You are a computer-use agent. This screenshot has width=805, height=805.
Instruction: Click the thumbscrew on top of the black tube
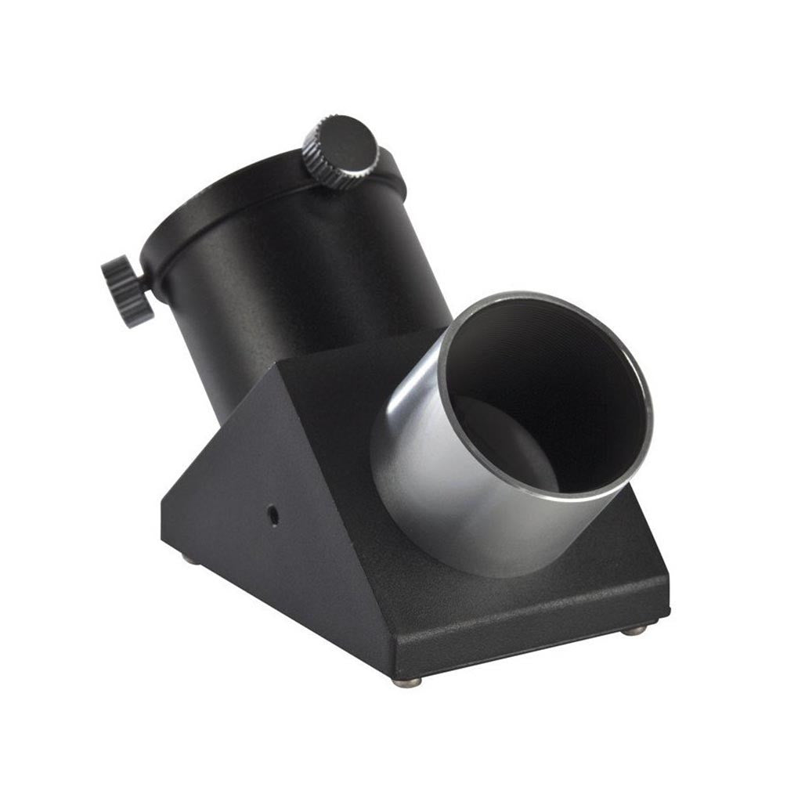tap(341, 153)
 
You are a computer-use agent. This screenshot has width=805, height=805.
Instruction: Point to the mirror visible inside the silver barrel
tap(501, 439)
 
